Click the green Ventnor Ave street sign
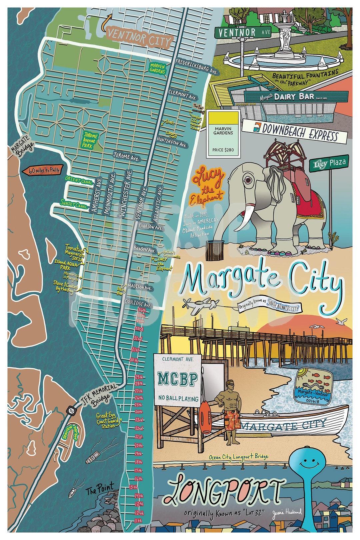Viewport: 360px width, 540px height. click(x=243, y=32)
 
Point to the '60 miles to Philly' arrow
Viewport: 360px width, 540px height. click(x=41, y=171)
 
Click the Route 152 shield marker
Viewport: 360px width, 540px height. click(x=71, y=409)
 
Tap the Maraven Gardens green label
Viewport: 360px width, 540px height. click(x=157, y=68)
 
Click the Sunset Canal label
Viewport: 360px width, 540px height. click(x=74, y=204)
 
